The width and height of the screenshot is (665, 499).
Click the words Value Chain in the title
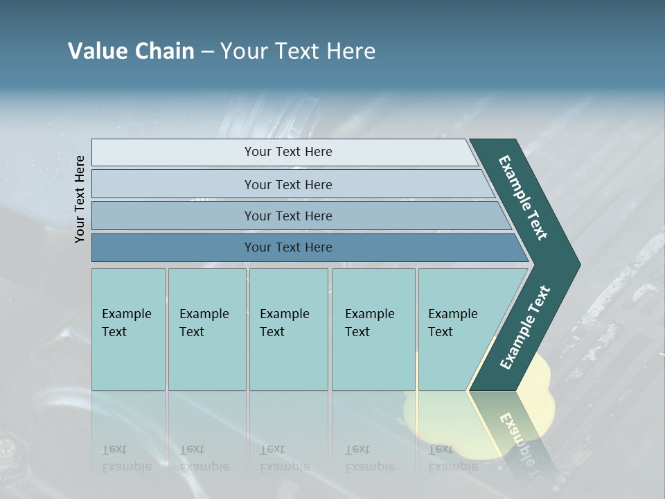point(131,51)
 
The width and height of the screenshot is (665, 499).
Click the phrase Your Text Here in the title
point(298,51)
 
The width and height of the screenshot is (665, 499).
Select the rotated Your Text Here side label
point(80,199)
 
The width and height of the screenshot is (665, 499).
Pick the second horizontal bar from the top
point(287,184)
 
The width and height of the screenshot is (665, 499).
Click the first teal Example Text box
point(128,329)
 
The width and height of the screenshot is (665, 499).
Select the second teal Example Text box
point(206,329)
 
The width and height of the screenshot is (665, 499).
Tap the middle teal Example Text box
point(288,329)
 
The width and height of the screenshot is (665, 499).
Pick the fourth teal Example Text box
point(373,329)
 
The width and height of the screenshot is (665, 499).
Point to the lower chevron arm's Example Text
point(524,329)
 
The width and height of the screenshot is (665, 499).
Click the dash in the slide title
point(207,52)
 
